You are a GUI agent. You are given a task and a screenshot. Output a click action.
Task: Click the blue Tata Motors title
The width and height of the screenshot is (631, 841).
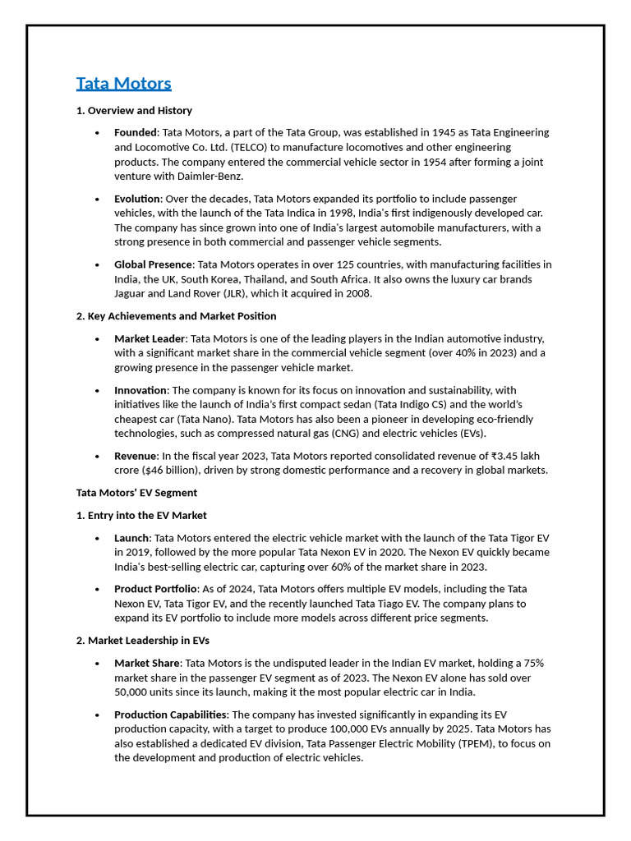[123, 84]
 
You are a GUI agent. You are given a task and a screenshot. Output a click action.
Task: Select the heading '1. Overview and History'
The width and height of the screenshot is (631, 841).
[134, 111]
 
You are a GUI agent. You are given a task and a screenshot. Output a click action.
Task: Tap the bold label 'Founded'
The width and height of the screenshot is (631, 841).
[135, 133]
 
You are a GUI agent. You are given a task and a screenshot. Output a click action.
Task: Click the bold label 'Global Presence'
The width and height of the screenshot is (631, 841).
[153, 264]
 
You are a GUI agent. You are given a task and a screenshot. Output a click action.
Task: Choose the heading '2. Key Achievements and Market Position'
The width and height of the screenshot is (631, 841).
[176, 316]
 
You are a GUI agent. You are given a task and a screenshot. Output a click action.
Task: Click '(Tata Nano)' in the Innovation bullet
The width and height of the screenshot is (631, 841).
[205, 420]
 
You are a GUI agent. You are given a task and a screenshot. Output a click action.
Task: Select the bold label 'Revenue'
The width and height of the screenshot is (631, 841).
[135, 457]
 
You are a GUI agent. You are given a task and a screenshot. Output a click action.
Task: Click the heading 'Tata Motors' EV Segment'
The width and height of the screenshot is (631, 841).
[136, 494]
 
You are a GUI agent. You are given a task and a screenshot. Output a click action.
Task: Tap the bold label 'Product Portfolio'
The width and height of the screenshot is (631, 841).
[155, 590]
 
